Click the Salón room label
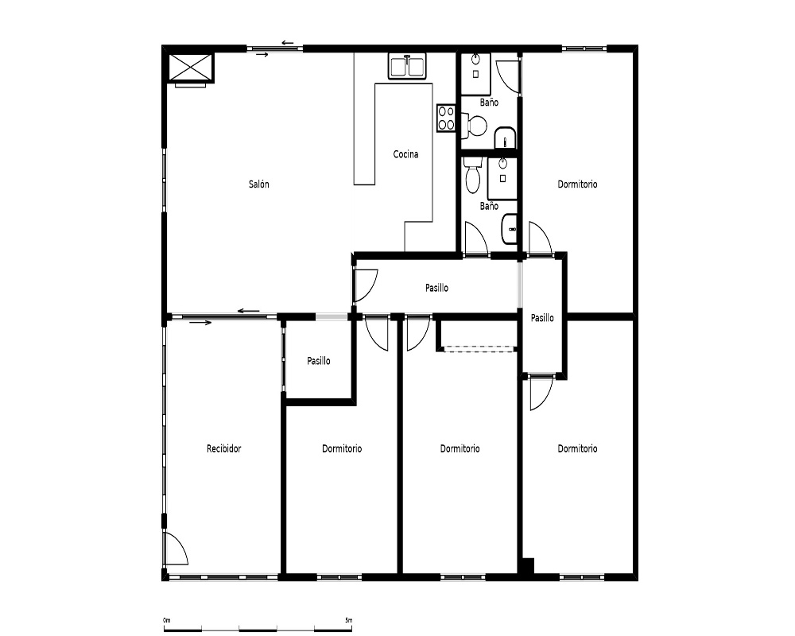[x=258, y=184]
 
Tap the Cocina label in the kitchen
[x=405, y=153]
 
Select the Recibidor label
[x=223, y=448]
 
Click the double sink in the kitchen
[x=407, y=67]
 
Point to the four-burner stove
[x=446, y=118]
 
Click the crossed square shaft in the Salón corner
[x=191, y=67]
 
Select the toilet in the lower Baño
[x=472, y=175]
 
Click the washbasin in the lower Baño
[x=509, y=229]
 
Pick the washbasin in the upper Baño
[x=505, y=138]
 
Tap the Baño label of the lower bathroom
[x=489, y=206]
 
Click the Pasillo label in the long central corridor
[x=436, y=288]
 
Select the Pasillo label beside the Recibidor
[x=319, y=361]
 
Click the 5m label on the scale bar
[x=348, y=620]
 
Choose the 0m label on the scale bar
[x=167, y=620]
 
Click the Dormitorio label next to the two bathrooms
[x=577, y=184]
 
